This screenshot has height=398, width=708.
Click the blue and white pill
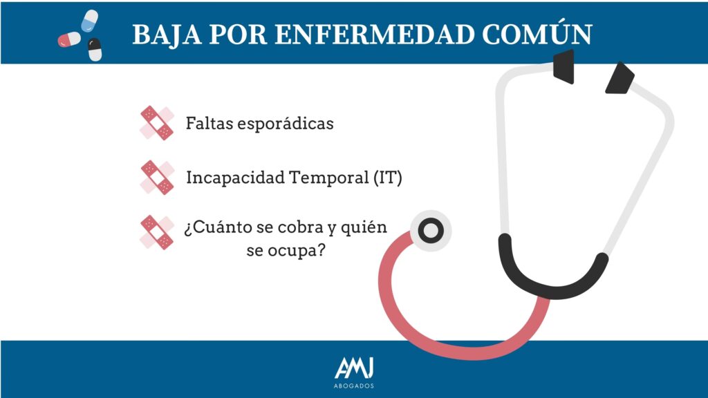point(89,20)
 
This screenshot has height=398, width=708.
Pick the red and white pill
point(69,39)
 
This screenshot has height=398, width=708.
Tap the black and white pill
point(94,50)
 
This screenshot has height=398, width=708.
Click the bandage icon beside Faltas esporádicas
point(157,123)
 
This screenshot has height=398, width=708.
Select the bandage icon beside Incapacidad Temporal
point(157,178)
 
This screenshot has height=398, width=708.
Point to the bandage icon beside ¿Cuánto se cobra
point(157,232)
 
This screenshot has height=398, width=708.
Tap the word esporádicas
point(286,124)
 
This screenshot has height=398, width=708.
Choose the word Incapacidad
point(235,178)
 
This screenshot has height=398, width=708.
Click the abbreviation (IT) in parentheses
point(388,178)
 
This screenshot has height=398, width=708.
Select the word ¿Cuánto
point(218,227)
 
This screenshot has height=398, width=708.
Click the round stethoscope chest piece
point(431,231)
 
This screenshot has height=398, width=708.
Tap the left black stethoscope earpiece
point(564,66)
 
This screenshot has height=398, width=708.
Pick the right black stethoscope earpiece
point(619,79)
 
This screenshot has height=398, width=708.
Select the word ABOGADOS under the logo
point(354,386)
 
